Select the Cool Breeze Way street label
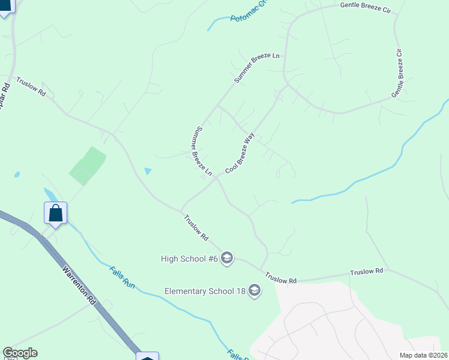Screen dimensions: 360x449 (x=240, y=154)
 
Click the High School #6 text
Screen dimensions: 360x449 (x=188, y=259)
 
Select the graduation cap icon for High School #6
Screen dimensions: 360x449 (x=226, y=259)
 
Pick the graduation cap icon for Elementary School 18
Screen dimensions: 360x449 (x=255, y=292)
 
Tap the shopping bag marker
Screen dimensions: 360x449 (x=55, y=213)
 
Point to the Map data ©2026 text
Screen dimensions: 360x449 (x=424, y=355)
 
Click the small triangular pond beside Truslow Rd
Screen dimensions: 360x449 (x=148, y=172)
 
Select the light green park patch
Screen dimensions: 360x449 (x=88, y=165)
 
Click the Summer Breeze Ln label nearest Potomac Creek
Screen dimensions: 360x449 (x=257, y=68)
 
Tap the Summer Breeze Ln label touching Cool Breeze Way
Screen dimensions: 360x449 (x=202, y=151)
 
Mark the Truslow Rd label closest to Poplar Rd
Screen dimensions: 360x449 (x=31, y=86)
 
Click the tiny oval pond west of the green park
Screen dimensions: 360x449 (x=17, y=175)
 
